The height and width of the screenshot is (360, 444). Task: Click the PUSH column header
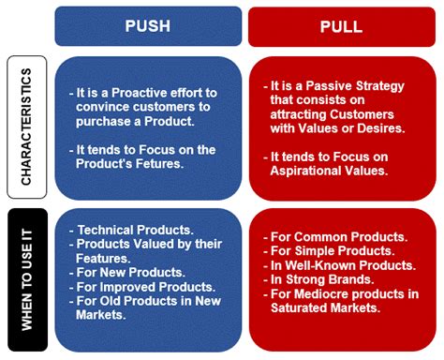147,25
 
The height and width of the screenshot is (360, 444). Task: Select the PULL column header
342,26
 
